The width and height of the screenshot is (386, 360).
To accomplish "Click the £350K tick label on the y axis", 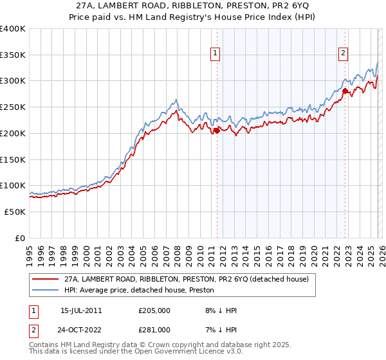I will click(13, 55).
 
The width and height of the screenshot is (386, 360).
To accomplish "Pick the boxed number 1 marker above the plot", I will click(215, 54).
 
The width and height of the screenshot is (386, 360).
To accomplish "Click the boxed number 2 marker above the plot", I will click(344, 54).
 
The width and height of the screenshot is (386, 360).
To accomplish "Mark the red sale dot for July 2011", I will click(217, 130).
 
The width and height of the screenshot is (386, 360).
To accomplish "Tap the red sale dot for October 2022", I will click(345, 91).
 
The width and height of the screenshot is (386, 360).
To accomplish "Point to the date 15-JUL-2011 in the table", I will click(85, 310).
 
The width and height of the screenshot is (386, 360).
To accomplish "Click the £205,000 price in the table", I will click(154, 310).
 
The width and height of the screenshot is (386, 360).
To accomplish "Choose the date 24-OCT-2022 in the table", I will click(85, 329).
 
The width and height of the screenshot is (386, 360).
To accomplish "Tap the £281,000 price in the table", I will click(154, 329).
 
